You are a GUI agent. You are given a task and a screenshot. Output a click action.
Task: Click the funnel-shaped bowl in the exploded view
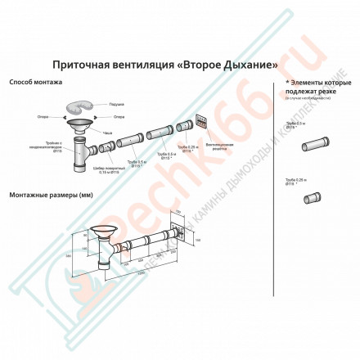(79, 124)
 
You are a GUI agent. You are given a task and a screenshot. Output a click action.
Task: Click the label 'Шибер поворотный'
(112, 172)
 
